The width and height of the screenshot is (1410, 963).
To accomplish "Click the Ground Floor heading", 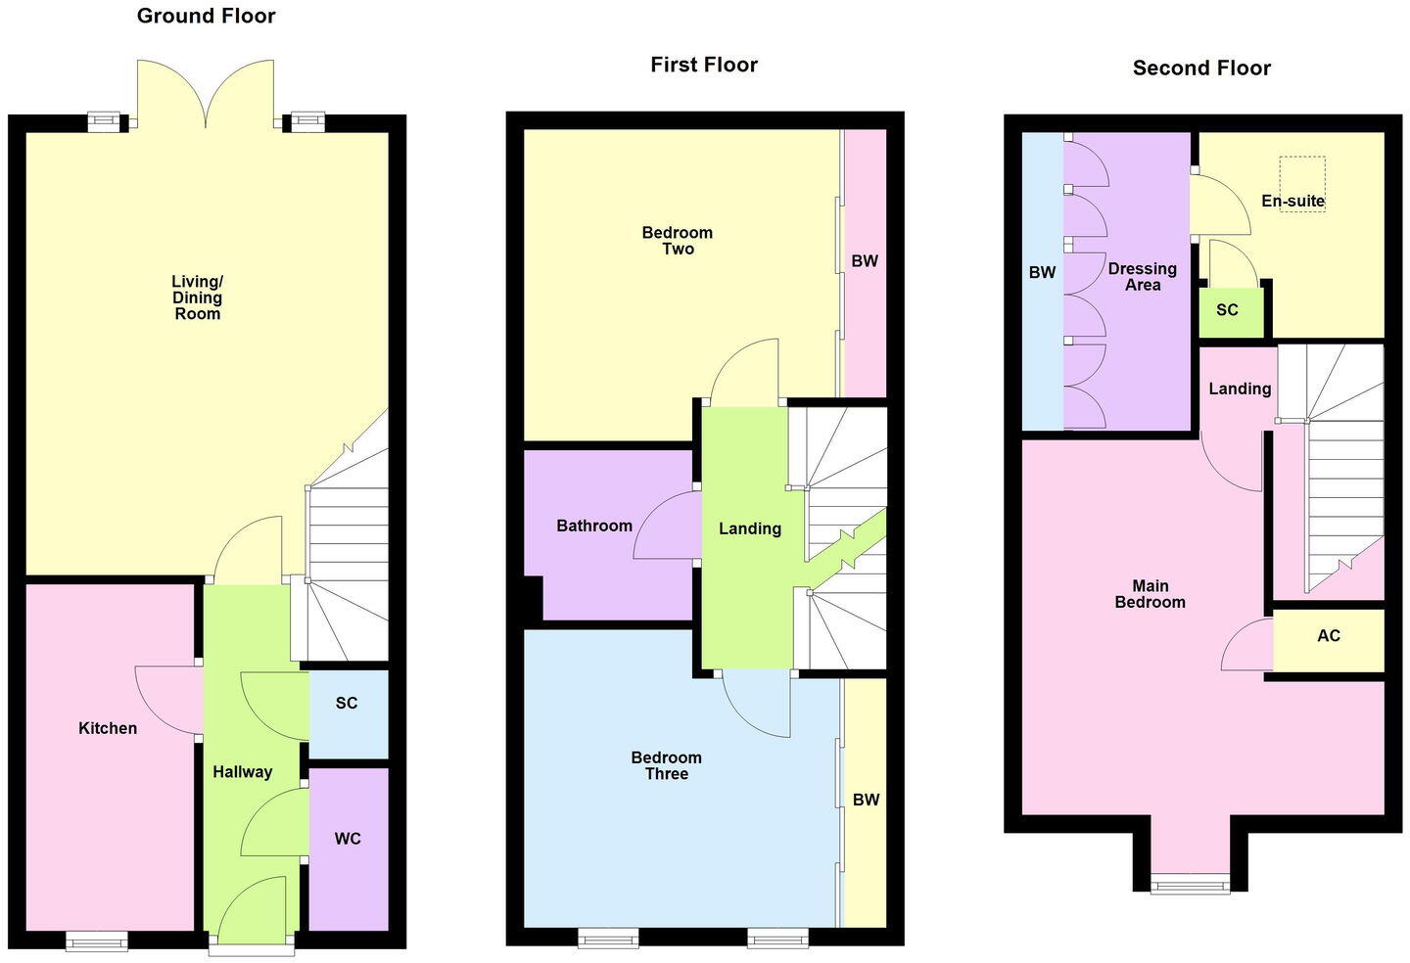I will click(x=206, y=16).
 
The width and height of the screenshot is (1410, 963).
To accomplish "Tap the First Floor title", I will click(x=704, y=65).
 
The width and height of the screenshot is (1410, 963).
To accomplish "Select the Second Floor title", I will click(x=1201, y=68).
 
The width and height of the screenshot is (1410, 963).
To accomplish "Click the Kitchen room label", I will click(x=108, y=728).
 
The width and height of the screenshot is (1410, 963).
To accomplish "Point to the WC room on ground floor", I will click(x=348, y=839).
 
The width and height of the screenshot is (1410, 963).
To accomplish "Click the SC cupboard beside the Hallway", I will click(x=347, y=704).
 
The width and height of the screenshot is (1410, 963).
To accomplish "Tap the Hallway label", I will click(x=242, y=772).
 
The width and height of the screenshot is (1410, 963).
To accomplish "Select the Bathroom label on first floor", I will click(x=594, y=526).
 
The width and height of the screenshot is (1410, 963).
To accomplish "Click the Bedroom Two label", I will click(x=677, y=241).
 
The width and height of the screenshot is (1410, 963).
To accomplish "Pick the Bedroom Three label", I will click(x=666, y=765).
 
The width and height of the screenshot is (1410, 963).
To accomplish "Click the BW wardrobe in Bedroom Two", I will click(x=865, y=261).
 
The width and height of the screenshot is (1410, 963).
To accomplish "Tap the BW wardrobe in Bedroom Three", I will click(x=866, y=800).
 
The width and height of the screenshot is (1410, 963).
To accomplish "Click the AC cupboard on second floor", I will click(x=1328, y=636).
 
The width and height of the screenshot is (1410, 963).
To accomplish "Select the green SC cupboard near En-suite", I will click(x=1227, y=310).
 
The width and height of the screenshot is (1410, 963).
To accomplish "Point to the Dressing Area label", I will click(x=1142, y=277).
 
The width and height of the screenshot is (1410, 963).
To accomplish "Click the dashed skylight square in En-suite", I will click(x=1302, y=183).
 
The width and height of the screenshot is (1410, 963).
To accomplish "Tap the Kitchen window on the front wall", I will click(x=97, y=940).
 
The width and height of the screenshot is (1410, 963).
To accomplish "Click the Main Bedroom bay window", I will click(x=1190, y=884).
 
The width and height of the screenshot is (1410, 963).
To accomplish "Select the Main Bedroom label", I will click(x=1150, y=594).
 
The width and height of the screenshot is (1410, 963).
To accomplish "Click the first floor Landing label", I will click(x=750, y=528).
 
